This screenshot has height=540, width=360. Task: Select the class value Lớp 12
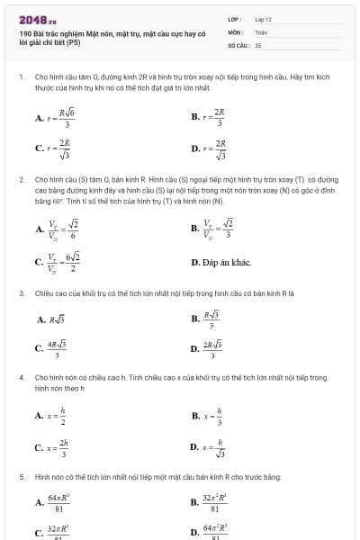click(263, 19)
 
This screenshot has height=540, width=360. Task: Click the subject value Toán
click(261, 31)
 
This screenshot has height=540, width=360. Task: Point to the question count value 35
click(257, 44)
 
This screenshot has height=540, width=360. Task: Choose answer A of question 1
click(57, 117)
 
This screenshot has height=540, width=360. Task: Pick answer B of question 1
click(210, 117)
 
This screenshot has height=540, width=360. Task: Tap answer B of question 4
click(208, 415)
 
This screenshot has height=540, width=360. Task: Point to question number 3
click(22, 293)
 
